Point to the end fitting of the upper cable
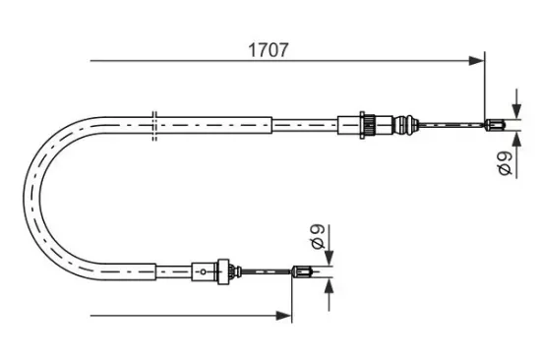pos(498,124)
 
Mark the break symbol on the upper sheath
pos(156,122)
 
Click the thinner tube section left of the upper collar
pos(304,124)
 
